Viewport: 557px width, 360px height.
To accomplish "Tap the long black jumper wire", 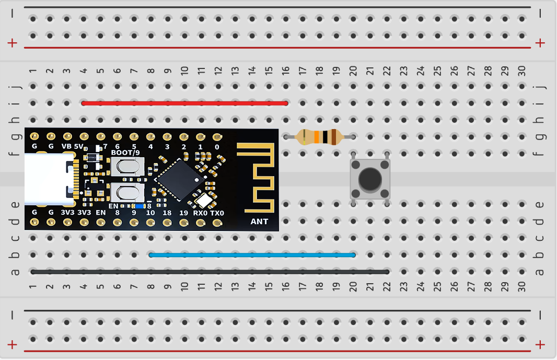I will (x=209, y=272).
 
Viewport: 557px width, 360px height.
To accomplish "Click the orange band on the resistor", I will (x=316, y=137).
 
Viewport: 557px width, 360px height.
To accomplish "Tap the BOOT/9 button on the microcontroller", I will (x=128, y=167).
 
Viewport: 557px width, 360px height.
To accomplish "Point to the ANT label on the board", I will (x=259, y=221).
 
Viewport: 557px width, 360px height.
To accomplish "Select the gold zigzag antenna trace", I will (x=256, y=178).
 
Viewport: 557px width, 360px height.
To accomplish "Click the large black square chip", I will (x=180, y=179).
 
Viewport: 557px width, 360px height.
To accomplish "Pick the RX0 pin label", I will (x=200, y=213).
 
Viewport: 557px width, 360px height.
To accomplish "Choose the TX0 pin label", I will (x=217, y=213).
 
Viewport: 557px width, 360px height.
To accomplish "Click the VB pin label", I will (x=67, y=147).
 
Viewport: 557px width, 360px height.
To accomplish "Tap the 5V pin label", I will (x=79, y=147).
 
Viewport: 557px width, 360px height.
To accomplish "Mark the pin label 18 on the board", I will (x=167, y=213).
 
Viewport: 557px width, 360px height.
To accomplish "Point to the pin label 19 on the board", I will (x=183, y=213).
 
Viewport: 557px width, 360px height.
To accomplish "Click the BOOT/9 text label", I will (x=125, y=153).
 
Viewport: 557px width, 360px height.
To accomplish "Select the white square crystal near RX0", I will (x=203, y=200).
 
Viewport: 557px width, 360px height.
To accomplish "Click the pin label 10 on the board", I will (x=150, y=213).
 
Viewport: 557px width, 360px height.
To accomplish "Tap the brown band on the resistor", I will (x=333, y=137).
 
